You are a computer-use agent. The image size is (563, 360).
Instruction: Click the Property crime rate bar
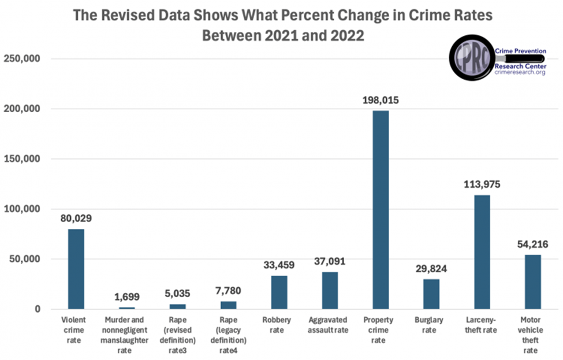click(381, 210)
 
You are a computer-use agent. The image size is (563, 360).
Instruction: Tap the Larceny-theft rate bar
click(482, 252)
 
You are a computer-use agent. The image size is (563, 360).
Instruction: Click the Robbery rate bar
click(279, 292)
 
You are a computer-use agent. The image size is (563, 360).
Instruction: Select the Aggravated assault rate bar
click(330, 290)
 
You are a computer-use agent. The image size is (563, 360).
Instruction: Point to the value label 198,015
click(381, 101)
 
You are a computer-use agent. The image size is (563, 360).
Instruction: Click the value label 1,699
click(126, 297)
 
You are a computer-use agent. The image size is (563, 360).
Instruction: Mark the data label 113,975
click(482, 185)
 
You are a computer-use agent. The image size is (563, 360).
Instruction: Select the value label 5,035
click(177, 294)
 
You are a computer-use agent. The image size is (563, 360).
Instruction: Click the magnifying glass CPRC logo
click(471, 58)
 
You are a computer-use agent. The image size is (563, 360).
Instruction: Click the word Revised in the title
click(125, 16)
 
